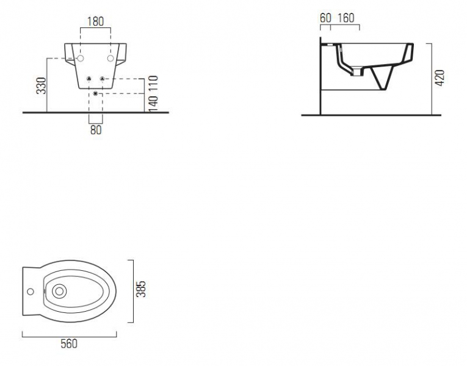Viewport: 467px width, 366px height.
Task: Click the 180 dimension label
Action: pyautogui.click(x=96, y=21)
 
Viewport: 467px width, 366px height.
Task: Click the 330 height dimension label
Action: pyautogui.click(x=42, y=85)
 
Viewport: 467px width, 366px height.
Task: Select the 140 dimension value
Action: pyautogui.click(x=153, y=104)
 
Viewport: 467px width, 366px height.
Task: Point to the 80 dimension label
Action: pyautogui.click(x=96, y=130)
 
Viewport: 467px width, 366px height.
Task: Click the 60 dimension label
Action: pyautogui.click(x=325, y=18)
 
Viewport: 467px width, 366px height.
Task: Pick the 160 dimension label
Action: pyautogui.click(x=346, y=18)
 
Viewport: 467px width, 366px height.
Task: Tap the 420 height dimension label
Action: pyautogui.click(x=440, y=78)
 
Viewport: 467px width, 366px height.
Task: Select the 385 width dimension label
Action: pyautogui.click(x=141, y=289)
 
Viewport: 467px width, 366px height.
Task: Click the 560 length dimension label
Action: pyautogui.click(x=69, y=343)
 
